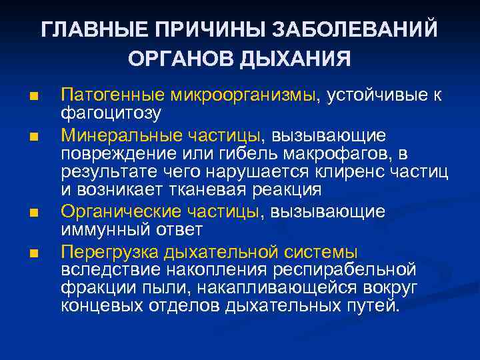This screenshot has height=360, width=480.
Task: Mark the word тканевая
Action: (x=215, y=190)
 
